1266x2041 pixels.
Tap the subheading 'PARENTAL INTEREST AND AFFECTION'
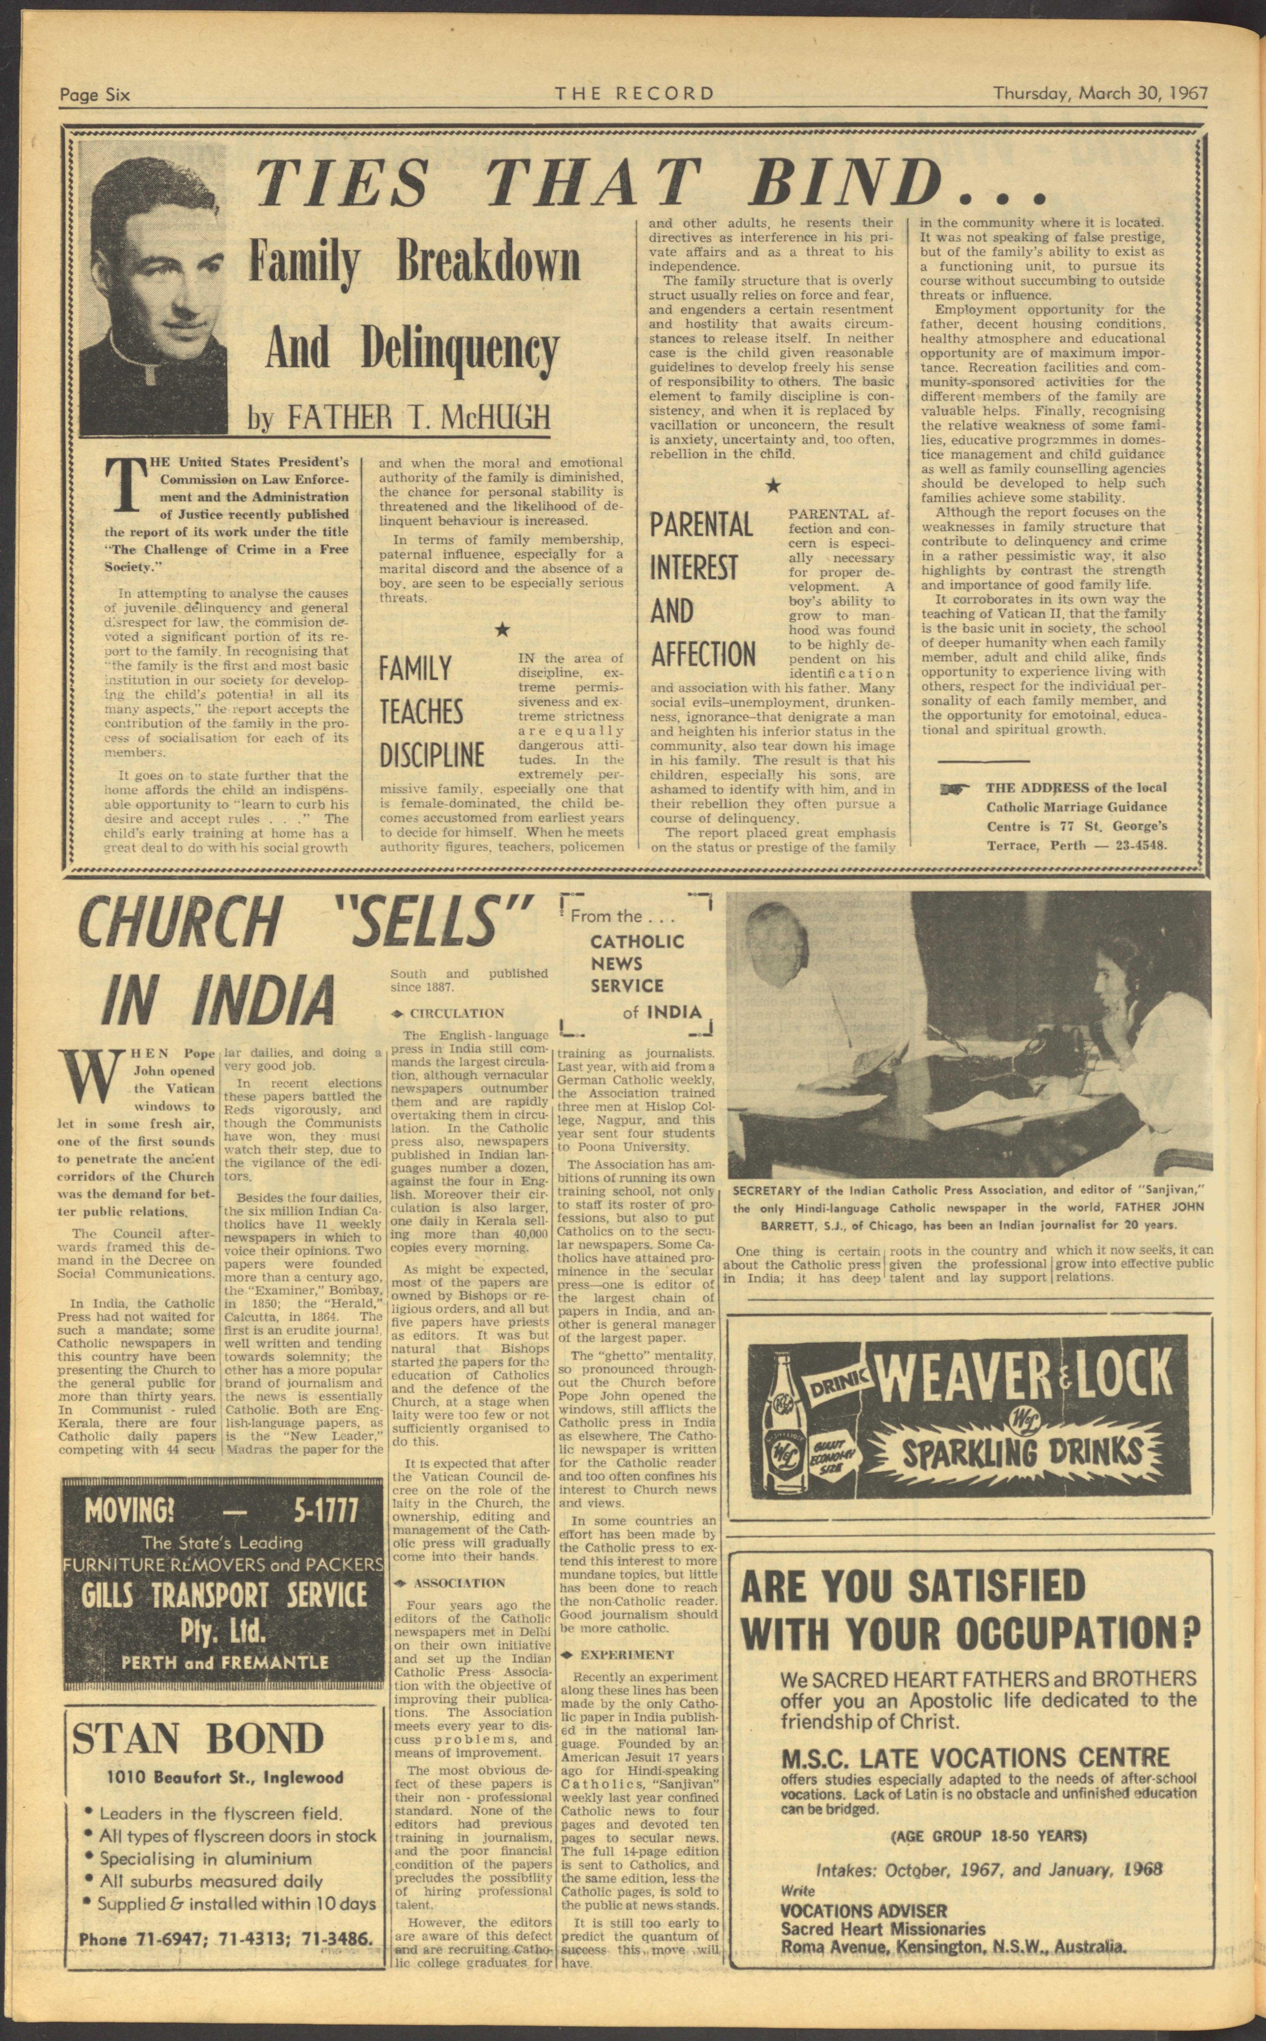pos(703,589)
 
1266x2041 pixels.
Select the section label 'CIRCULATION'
pos(456,1013)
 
